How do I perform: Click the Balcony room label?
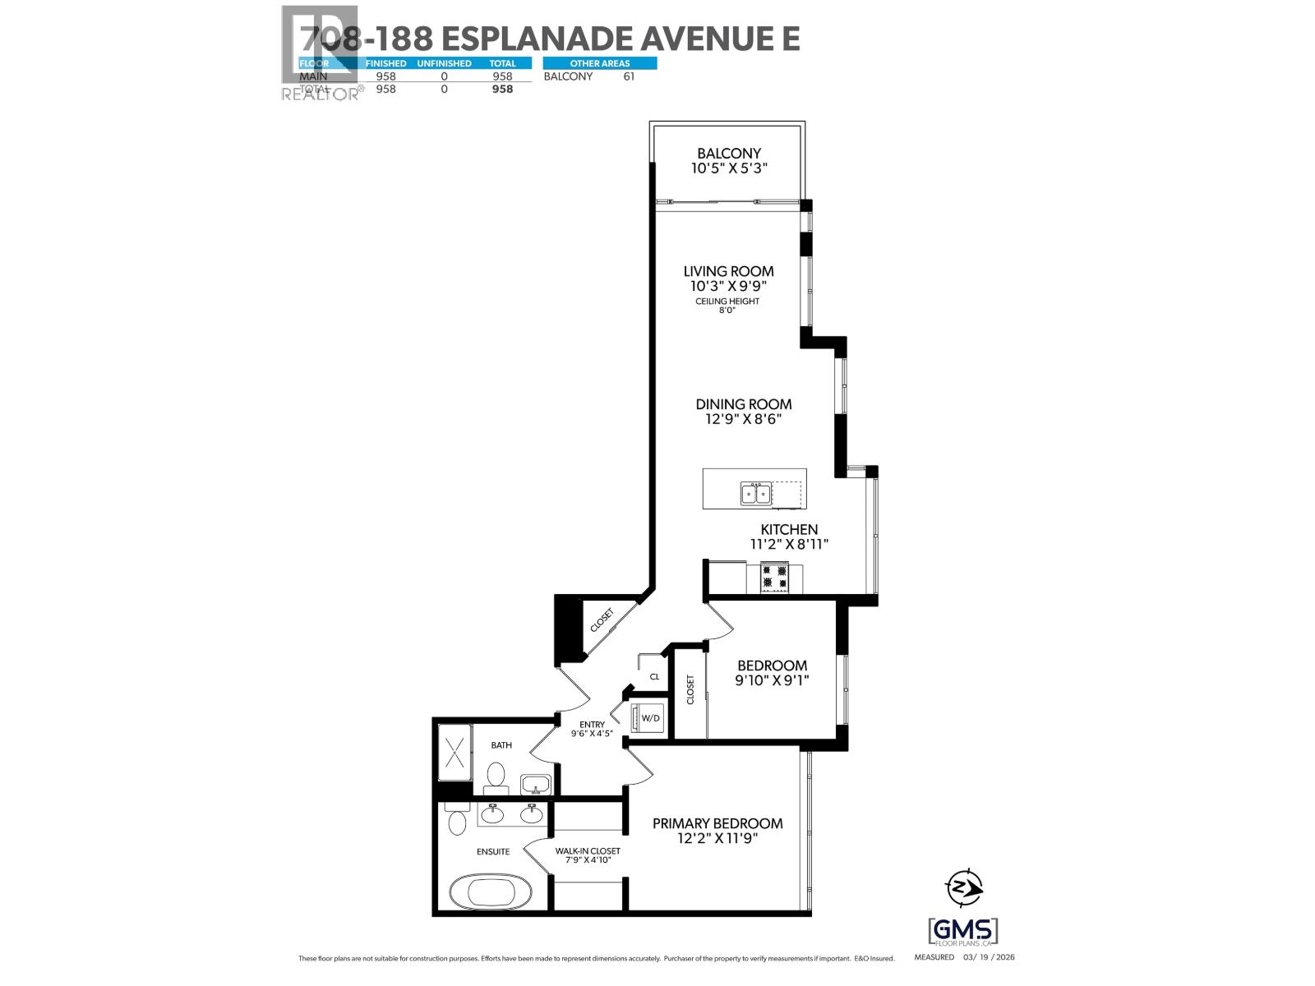728,153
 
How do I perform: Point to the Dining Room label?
743,404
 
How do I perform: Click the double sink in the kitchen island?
756,493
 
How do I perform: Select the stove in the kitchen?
773,577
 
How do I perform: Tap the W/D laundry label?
650,718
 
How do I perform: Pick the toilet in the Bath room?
496,776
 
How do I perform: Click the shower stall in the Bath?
454,752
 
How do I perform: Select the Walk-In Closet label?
587,851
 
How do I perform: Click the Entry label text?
592,725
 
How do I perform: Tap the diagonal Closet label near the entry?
602,620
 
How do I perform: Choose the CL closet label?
654,677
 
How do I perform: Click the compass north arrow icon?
964,887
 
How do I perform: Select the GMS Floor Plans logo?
963,932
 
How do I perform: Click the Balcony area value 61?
629,76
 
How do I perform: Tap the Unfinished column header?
444,63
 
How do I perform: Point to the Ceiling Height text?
727,302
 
